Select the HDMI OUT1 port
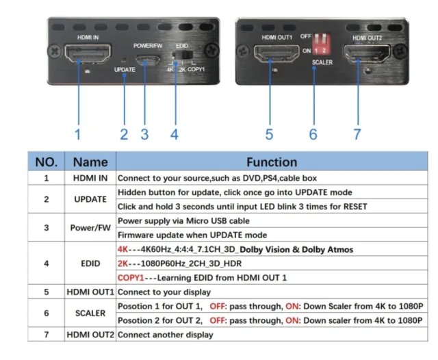point(270,54)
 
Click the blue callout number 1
point(78,134)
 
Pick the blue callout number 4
point(175,134)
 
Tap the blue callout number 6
point(313,134)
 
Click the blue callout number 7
point(357,134)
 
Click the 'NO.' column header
point(45,162)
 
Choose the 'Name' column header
point(90,162)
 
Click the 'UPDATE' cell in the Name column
point(90,199)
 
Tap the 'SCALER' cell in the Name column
point(90,313)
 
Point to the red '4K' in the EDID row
point(124,249)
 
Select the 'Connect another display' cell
point(166,335)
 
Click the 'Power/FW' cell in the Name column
point(90,228)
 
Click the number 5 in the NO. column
point(45,292)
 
